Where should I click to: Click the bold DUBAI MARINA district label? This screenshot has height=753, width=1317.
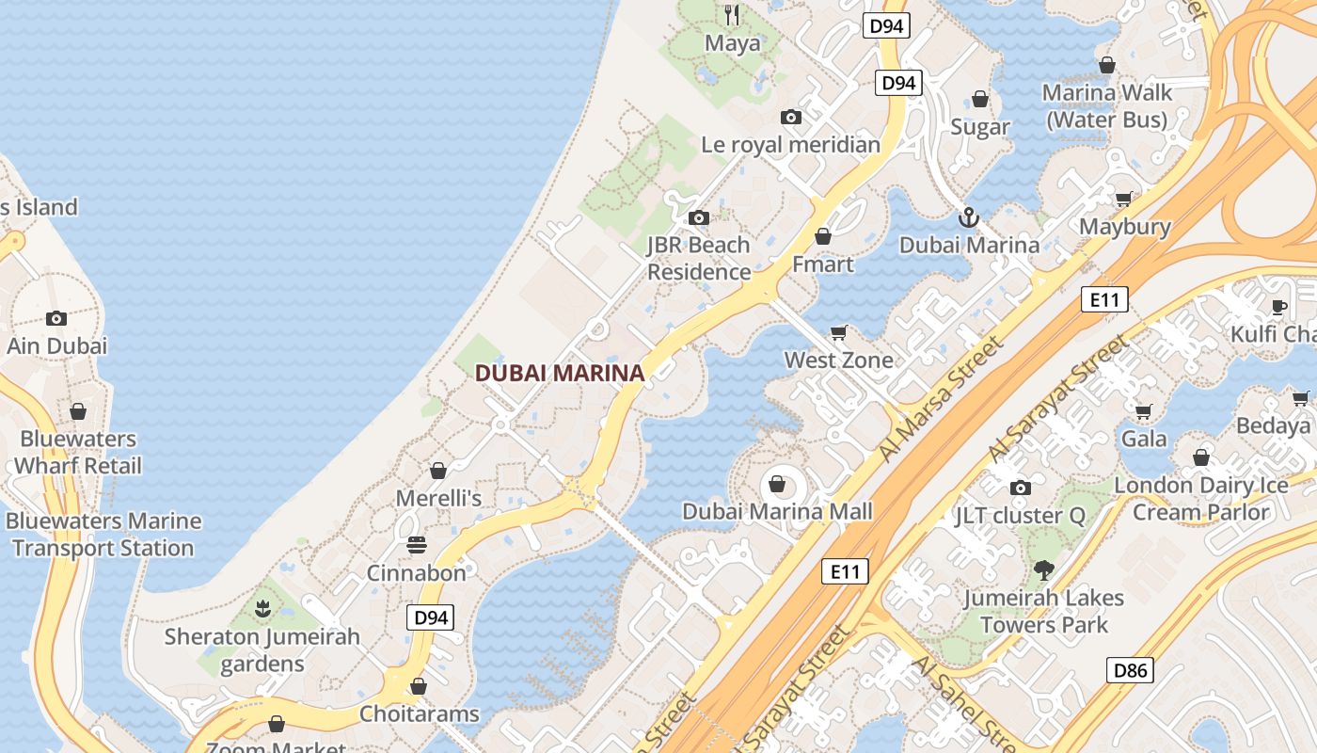[x=560, y=373]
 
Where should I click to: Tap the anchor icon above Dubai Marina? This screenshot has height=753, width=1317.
[x=969, y=218]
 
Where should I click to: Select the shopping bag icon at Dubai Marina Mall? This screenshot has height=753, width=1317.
[x=777, y=485]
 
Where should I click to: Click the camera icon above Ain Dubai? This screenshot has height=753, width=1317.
[x=56, y=318]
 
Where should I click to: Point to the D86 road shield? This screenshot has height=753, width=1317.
[x=1130, y=670]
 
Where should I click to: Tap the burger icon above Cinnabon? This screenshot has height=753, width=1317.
[x=417, y=546]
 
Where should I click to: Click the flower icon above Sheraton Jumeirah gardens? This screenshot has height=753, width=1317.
[x=262, y=609]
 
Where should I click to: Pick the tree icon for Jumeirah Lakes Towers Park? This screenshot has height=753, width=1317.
[x=1043, y=569]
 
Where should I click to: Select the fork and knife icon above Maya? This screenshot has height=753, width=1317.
[x=732, y=15]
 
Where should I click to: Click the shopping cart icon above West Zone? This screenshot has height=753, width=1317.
[x=839, y=332]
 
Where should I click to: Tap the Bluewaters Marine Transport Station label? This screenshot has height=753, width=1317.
[x=103, y=535]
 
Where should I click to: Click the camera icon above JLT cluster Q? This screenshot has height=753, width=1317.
[x=1021, y=488]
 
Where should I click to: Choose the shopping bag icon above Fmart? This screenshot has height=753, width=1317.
[x=823, y=236]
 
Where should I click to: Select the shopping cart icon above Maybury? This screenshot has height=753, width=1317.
[x=1124, y=199]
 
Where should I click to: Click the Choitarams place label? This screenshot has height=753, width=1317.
[x=420, y=713]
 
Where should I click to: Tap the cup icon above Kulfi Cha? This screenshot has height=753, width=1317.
[x=1279, y=306]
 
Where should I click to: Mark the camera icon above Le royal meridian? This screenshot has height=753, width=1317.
[x=791, y=118]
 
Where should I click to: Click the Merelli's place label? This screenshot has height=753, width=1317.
[x=438, y=498]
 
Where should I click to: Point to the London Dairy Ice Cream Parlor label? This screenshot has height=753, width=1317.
[x=1201, y=499]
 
